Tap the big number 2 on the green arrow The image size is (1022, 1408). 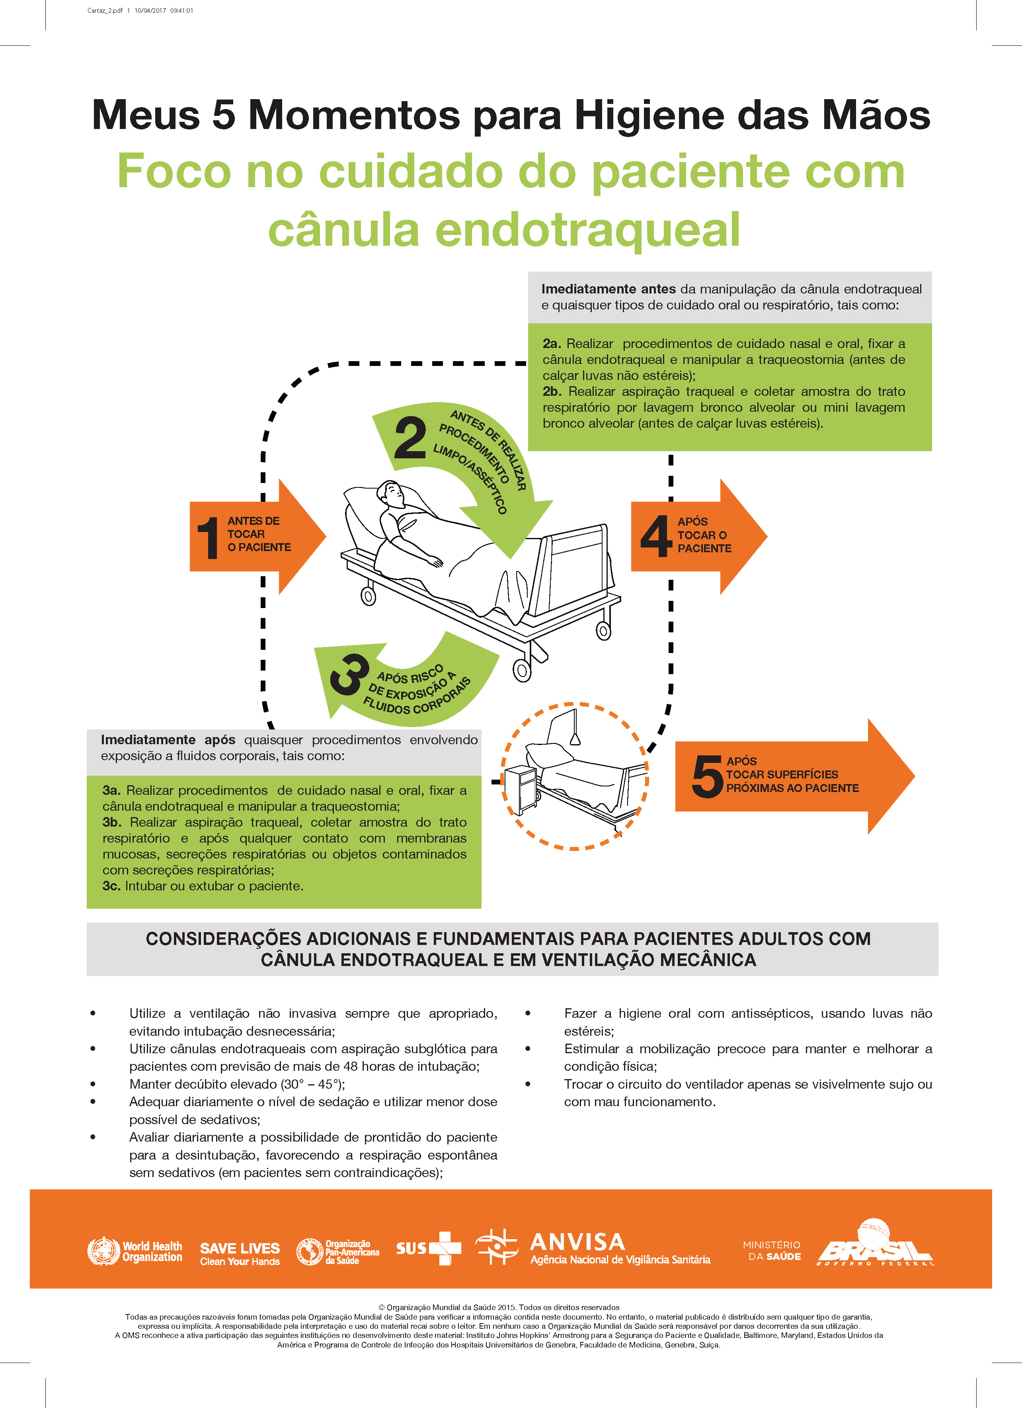click(x=410, y=438)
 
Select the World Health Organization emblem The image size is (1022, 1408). click(x=103, y=1252)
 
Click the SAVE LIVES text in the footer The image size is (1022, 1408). click(x=240, y=1248)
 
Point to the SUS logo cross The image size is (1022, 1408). click(x=446, y=1248)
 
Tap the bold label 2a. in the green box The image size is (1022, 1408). click(x=552, y=343)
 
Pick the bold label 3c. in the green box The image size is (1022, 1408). click(x=112, y=886)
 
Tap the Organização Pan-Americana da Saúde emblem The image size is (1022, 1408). click(x=309, y=1252)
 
